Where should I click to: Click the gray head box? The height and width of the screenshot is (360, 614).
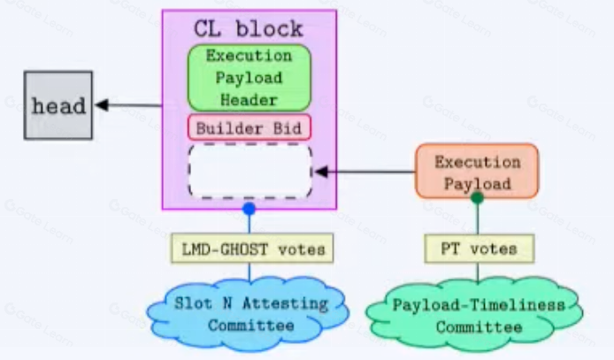click(x=58, y=106)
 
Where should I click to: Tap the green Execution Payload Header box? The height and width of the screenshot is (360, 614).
click(x=249, y=77)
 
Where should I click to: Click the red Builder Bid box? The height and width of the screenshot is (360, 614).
click(x=249, y=127)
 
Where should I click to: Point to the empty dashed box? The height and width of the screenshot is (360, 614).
click(x=249, y=170)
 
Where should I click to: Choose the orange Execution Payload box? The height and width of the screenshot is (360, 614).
click(x=477, y=172)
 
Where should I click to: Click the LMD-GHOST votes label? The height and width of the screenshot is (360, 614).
click(x=249, y=249)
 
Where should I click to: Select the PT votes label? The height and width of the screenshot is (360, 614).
click(x=478, y=249)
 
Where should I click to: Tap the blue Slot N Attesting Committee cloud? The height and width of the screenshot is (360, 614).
click(x=249, y=314)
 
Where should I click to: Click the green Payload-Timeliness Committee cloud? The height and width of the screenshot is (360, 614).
click(x=478, y=316)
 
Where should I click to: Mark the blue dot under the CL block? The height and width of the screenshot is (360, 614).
click(x=249, y=210)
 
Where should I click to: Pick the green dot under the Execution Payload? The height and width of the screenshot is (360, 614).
click(x=477, y=198)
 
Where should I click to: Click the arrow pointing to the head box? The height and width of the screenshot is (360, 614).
click(x=128, y=106)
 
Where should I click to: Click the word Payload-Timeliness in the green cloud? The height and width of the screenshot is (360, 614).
click(x=478, y=305)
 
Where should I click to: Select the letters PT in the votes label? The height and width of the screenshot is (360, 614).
click(x=449, y=249)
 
